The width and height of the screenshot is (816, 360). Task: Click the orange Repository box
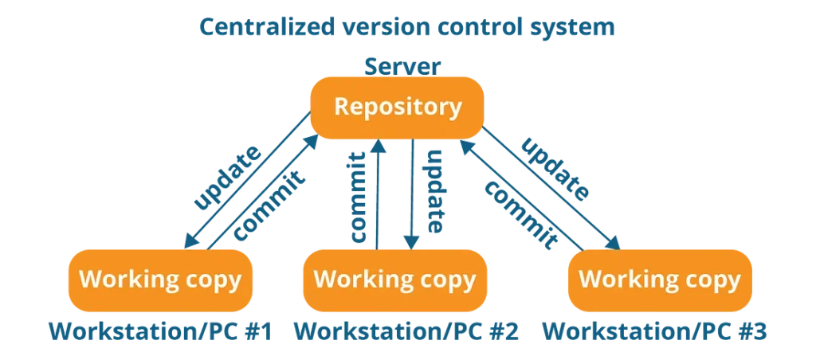point(397,108)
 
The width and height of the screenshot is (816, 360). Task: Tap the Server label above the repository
point(402,67)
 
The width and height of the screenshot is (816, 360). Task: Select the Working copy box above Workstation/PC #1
point(160,280)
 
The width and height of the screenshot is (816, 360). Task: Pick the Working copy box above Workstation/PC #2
point(395,280)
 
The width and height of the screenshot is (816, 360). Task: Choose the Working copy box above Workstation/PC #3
point(660,280)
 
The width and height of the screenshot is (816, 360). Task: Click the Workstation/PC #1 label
point(160,332)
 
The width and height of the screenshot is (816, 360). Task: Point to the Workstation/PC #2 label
point(406,332)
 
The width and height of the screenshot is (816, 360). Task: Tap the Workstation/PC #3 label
point(655,332)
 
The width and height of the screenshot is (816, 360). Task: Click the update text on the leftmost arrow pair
point(227,177)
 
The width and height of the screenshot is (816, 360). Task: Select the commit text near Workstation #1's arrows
point(268,205)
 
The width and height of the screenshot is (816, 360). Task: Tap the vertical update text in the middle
point(434,191)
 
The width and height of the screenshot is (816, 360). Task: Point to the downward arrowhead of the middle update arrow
point(412,242)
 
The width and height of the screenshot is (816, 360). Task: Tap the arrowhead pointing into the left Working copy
point(190,241)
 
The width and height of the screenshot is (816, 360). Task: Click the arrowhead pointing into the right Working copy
point(614,242)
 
